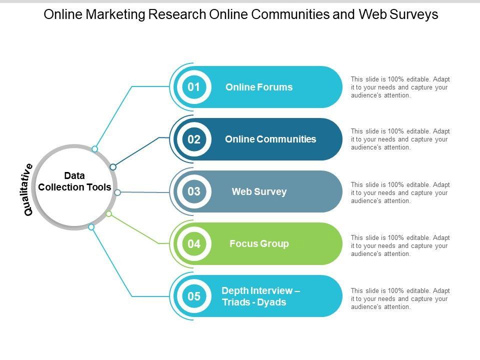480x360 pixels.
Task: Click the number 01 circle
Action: (194, 87)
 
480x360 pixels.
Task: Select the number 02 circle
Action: (194, 139)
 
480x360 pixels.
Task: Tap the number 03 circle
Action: (194, 191)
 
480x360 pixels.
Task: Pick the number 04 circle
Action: (194, 244)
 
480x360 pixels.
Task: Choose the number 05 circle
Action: (194, 296)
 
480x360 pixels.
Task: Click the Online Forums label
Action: (259, 87)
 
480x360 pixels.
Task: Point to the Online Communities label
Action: (270, 139)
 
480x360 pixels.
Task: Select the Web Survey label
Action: (259, 191)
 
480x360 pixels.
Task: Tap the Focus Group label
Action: (259, 244)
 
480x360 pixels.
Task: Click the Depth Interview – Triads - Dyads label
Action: (260, 296)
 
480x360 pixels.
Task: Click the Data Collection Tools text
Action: (74, 181)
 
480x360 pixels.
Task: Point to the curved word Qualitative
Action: (28, 189)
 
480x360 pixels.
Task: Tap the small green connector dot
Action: (109, 214)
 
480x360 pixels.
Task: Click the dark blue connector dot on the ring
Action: (113, 166)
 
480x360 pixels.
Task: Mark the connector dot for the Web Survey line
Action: (117, 192)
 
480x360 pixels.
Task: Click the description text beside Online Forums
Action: (400, 87)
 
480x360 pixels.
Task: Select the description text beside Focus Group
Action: (400, 245)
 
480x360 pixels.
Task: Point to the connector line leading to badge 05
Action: (112, 263)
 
